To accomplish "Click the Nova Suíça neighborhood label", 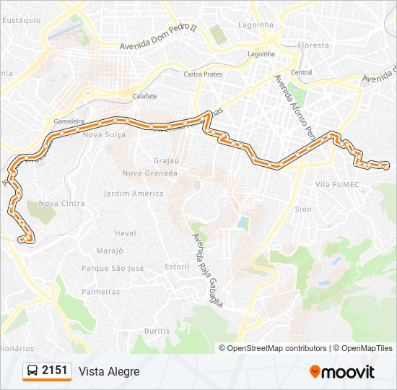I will pyautogui.click(x=104, y=135).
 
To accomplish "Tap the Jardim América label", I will pyautogui.click(x=134, y=194).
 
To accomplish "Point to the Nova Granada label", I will pyautogui.click(x=149, y=173).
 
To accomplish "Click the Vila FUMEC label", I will pyautogui.click(x=337, y=185).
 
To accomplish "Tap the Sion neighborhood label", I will pyautogui.click(x=303, y=209).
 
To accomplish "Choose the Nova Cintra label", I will pyautogui.click(x=61, y=204).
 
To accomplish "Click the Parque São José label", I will pyautogui.click(x=113, y=268).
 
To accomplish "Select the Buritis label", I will pyautogui.click(x=157, y=330).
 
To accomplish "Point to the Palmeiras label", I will pyautogui.click(x=100, y=292).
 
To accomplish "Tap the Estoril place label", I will pyautogui.click(x=177, y=266).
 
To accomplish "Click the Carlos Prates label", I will pyautogui.click(x=203, y=74).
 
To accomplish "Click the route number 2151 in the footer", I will pyautogui.click(x=55, y=370).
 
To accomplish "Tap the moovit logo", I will pyautogui.click(x=342, y=372).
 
